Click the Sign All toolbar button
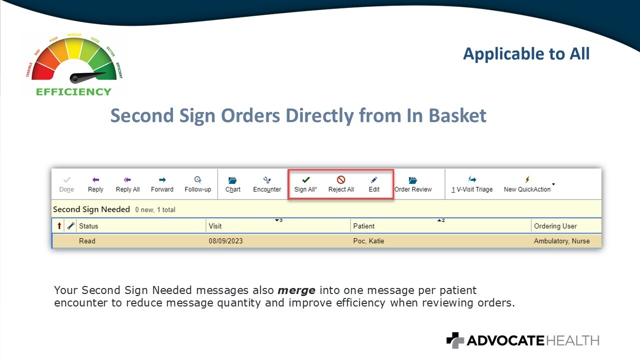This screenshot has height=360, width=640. [x=305, y=184]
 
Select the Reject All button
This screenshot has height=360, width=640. [x=341, y=184]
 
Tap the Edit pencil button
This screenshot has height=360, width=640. [x=373, y=184]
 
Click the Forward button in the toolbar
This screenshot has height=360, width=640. [x=162, y=184]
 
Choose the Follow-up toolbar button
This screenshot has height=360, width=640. [x=197, y=184]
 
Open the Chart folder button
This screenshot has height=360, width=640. [x=232, y=184]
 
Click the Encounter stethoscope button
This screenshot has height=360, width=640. [x=267, y=184]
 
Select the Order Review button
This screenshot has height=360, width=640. [x=413, y=184]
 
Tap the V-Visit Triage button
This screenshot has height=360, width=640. [x=472, y=184]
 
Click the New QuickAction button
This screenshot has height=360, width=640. [x=527, y=184]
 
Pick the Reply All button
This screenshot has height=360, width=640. [x=127, y=184]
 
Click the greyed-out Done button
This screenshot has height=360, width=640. [x=66, y=184]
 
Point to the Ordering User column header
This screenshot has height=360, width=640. [x=555, y=226]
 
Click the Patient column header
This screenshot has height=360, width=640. [x=363, y=226]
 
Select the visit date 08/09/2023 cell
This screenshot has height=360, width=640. [x=225, y=241]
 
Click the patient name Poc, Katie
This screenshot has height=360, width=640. [x=368, y=241]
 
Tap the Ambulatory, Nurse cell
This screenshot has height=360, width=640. [x=561, y=241]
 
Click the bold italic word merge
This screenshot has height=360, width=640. [x=296, y=290]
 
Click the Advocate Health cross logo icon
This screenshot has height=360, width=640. [x=455, y=340]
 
